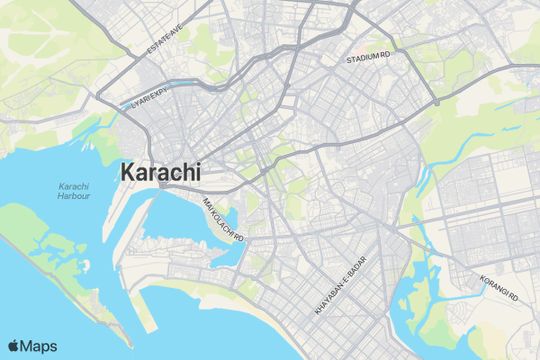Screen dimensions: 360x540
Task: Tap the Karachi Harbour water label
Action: pyautogui.click(x=67, y=190)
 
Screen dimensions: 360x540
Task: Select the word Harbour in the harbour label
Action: pyautogui.click(x=67, y=195)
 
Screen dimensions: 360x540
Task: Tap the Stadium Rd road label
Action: pyautogui.click(x=369, y=58)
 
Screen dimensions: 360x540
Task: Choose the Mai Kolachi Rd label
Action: pyautogui.click(x=224, y=219)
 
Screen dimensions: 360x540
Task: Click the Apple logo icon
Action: pyautogui.click(x=13, y=346)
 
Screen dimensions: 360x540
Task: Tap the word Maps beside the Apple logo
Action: pyautogui.click(x=39, y=346)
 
